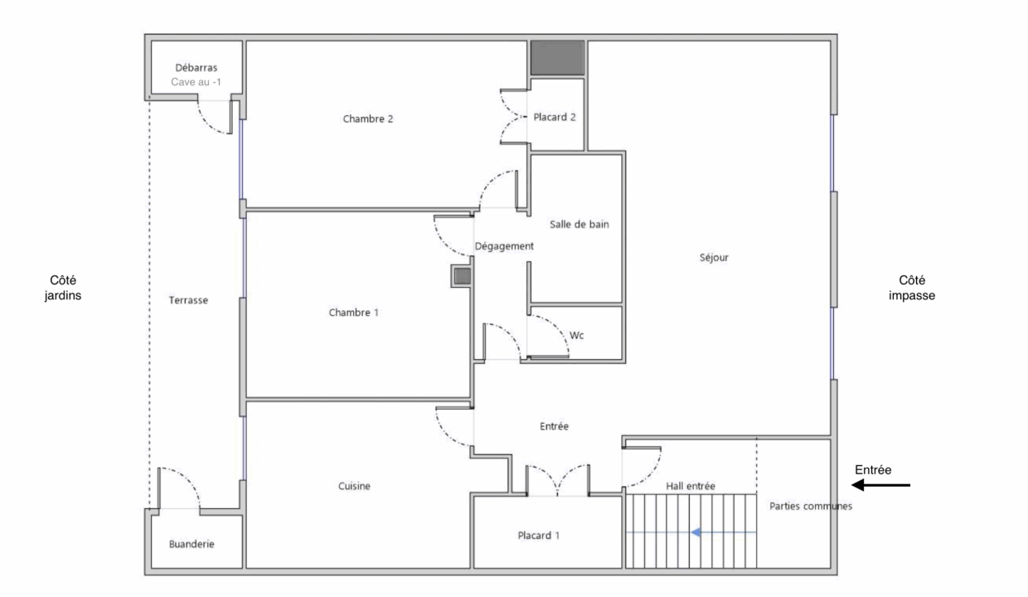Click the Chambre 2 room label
point(367,119)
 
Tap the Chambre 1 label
point(353,313)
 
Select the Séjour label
point(714,257)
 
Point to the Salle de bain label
point(579,225)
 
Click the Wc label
point(576,336)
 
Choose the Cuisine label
point(354,486)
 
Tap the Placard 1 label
point(538,536)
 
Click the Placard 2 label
point(555,117)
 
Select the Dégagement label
point(504,246)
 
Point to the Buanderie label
point(192,544)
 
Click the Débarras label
point(196,68)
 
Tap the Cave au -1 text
point(196,82)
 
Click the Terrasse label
point(188,300)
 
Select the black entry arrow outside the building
point(880,485)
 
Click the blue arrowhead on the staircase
point(696,532)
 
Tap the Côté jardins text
point(63,288)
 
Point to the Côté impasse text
point(911,288)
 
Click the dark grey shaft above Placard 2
point(558,58)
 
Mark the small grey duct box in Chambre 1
point(462,276)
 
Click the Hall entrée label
point(691,487)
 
